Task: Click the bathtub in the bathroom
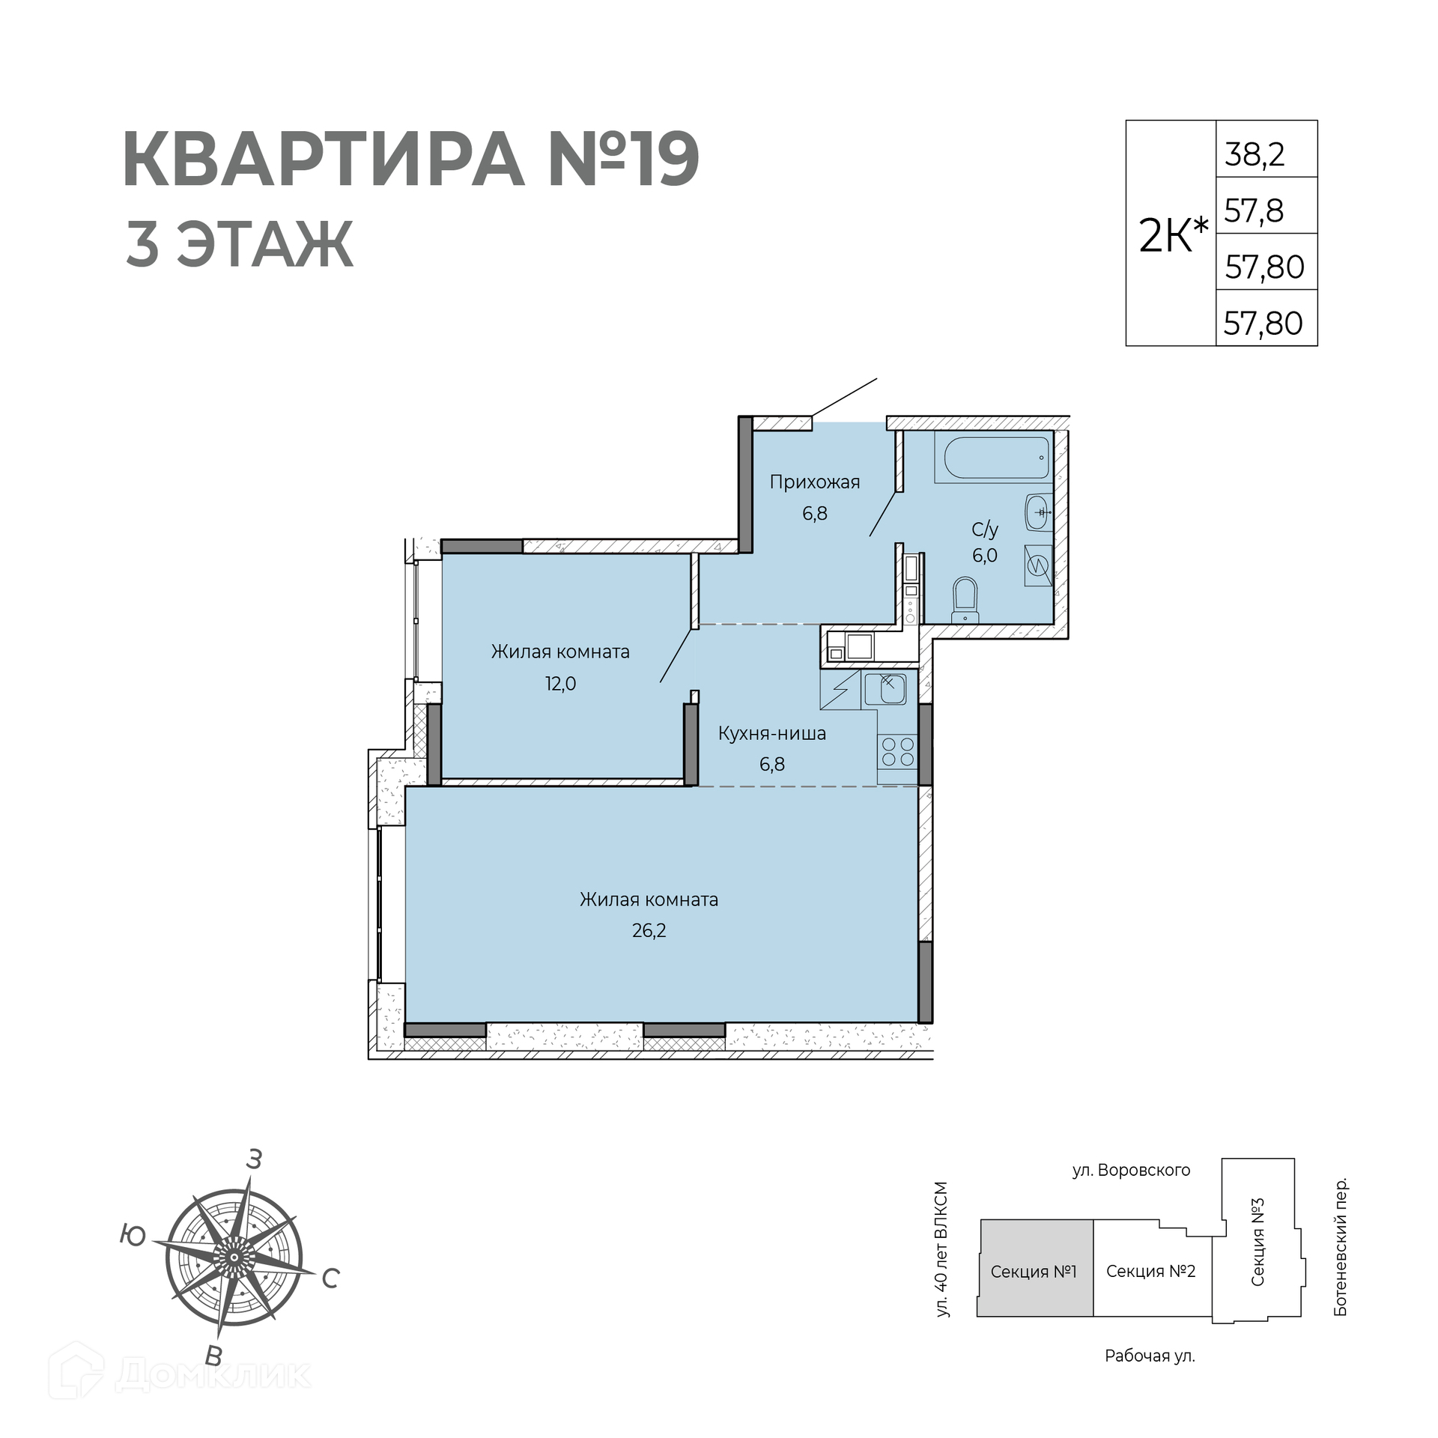coord(996,458)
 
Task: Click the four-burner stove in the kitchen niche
coord(897,752)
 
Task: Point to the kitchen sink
coord(885,690)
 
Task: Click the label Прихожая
coord(815,482)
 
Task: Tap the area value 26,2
coord(649,930)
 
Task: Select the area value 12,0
coord(560,683)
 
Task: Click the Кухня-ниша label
coord(771,733)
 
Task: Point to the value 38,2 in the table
coord(1255,154)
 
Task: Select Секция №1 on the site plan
coord(1034,1271)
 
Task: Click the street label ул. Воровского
coord(1131,1170)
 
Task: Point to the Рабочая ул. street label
coord(1150,1356)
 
